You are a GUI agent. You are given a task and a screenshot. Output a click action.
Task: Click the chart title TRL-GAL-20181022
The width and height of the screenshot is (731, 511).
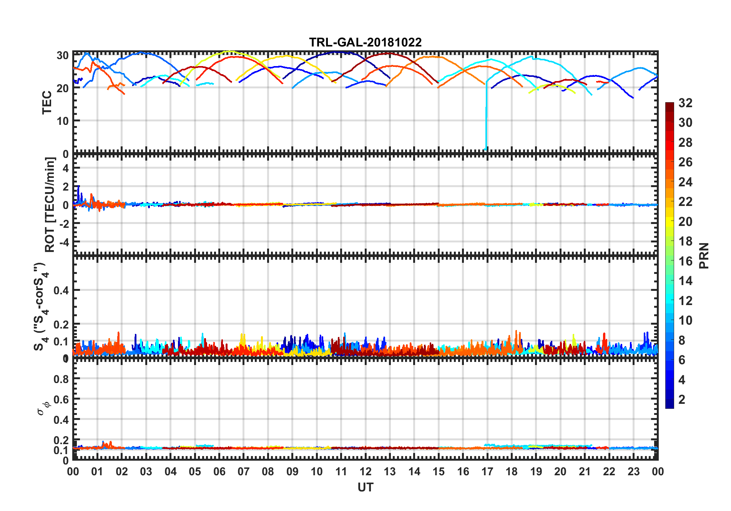coord(365,42)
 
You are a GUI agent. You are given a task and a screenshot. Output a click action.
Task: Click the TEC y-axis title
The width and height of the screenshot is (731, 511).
coord(47,102)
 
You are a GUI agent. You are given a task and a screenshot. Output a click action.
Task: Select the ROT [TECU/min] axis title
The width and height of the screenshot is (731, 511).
coord(50,204)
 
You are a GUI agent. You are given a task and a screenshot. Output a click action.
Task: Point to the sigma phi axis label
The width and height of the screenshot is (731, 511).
coord(43,408)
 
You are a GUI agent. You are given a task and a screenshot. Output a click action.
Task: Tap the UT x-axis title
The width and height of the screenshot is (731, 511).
coord(365,487)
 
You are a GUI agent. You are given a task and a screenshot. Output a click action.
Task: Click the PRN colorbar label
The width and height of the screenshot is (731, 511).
coord(704,255)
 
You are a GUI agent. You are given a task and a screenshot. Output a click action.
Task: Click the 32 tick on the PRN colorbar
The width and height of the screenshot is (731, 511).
coord(685,103)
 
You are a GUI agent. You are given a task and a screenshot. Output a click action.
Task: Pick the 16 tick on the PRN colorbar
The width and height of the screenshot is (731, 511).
coord(685,261)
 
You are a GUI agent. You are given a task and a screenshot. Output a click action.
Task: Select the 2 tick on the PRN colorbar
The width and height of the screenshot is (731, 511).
coord(682,400)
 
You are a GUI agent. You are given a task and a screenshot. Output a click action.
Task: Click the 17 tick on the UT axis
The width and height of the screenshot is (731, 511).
coord(487,471)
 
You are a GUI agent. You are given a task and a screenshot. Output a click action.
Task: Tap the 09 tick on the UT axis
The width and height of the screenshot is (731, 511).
coord(292,471)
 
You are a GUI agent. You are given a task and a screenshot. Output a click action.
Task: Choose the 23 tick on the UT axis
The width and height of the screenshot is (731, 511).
coord(633,471)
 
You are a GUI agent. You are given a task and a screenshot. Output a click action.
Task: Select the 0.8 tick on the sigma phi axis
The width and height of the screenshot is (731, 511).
coord(61,379)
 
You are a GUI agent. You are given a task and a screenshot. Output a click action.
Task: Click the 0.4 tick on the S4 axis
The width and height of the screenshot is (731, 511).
coord(61,290)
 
